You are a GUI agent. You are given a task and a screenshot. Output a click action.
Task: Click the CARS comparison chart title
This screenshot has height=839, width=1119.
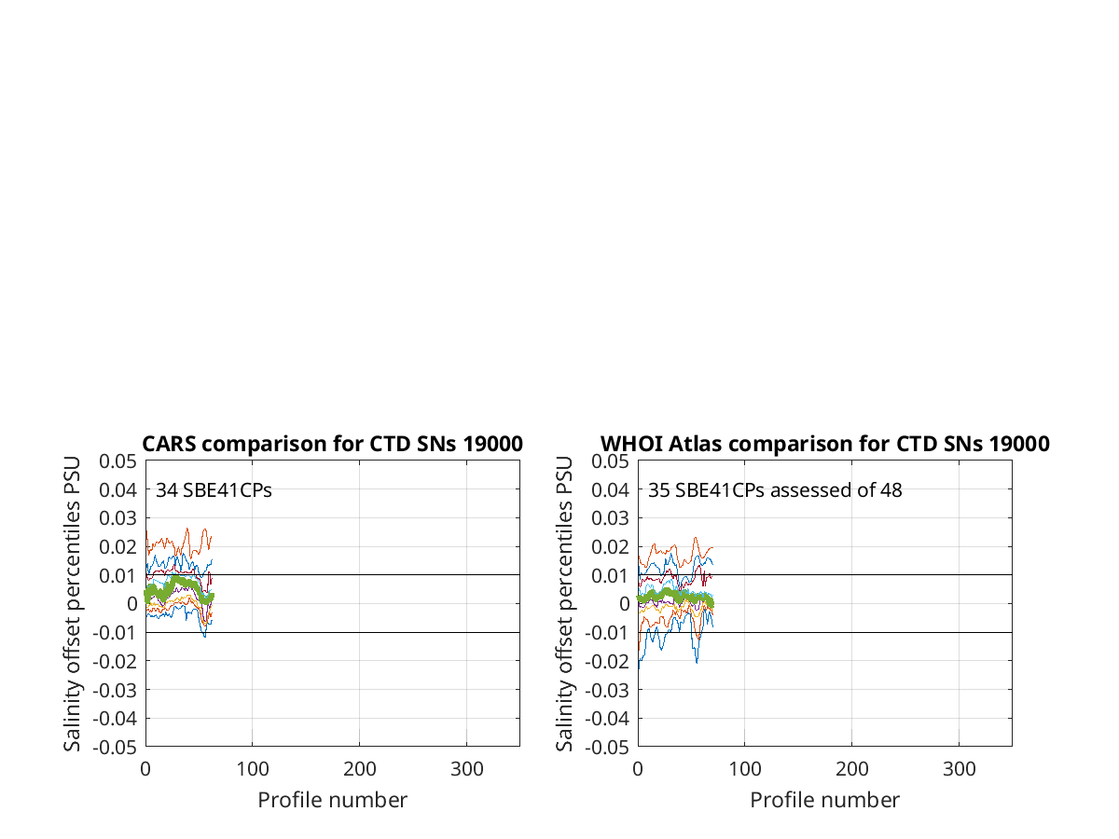tap(332, 444)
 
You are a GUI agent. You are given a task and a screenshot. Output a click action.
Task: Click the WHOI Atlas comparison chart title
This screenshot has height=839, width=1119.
tap(825, 444)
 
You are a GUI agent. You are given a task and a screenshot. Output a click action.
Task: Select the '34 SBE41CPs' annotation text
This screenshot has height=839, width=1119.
tap(214, 490)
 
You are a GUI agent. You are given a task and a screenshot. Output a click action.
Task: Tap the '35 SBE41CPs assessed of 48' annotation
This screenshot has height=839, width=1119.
tap(775, 490)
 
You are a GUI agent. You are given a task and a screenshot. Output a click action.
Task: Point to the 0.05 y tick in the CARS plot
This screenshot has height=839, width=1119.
tap(117, 461)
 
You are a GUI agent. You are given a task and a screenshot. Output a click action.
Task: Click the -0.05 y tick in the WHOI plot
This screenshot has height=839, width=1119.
tap(607, 748)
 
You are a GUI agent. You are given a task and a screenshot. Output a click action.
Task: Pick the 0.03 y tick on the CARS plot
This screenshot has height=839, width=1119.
tap(117, 518)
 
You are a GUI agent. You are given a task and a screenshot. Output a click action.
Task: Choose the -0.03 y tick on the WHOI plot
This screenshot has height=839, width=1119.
tap(607, 690)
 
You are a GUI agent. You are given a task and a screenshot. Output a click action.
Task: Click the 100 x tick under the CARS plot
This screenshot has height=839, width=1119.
tap(253, 769)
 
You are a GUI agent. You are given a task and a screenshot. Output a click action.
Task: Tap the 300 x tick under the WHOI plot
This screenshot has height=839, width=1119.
tap(959, 769)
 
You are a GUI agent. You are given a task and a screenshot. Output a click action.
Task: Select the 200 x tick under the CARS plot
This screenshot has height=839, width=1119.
tap(359, 769)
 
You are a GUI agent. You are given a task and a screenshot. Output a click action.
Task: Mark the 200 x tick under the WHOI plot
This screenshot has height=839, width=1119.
tap(852, 769)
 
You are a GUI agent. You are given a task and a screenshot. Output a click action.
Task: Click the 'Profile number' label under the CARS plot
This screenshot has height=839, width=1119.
tap(332, 800)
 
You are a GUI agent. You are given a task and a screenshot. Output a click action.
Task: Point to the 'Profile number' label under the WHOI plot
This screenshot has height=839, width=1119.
tap(825, 800)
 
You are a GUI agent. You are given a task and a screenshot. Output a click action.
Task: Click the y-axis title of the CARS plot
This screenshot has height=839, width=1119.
tap(72, 604)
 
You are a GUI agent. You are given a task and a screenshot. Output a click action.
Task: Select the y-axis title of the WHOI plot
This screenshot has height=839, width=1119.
tap(564, 604)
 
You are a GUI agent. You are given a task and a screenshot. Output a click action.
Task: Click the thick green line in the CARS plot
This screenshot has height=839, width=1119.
tap(178, 581)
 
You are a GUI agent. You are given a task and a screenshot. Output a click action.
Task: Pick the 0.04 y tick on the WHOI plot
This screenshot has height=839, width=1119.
tap(610, 490)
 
